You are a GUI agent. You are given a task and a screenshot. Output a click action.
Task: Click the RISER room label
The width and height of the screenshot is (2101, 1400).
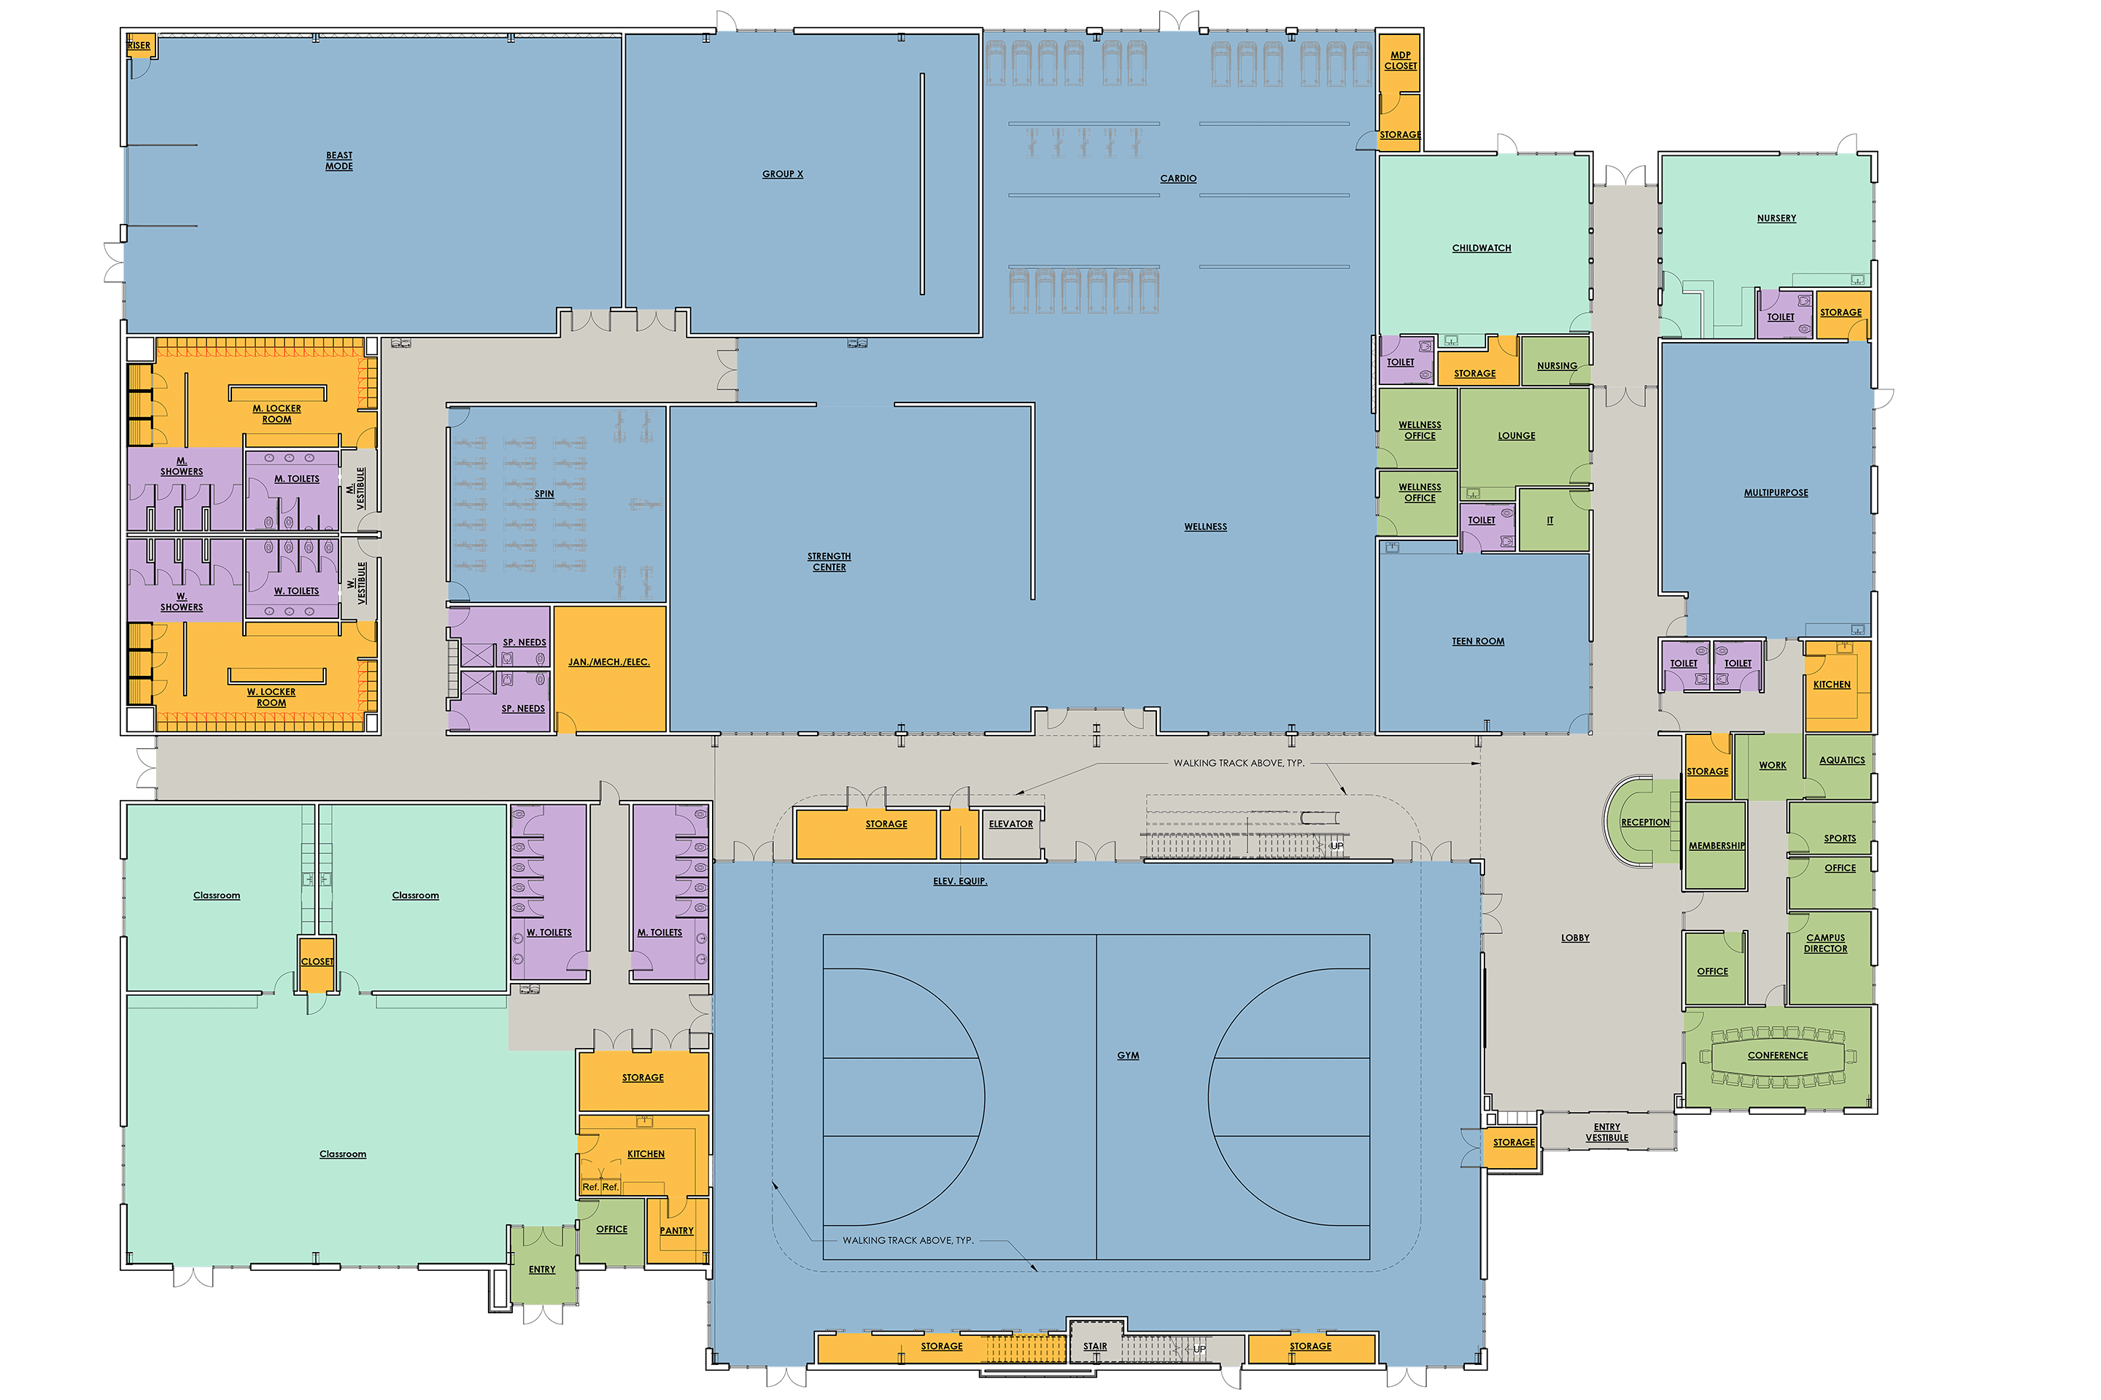(139, 45)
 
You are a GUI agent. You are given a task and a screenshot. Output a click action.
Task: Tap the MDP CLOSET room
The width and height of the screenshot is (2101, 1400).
(1400, 61)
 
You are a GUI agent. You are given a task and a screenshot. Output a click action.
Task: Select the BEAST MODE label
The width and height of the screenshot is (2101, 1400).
(338, 160)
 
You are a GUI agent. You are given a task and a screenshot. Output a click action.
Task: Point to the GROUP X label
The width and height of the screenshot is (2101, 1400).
(783, 174)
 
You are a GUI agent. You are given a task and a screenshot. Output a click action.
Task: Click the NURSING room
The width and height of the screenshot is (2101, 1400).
(1555, 362)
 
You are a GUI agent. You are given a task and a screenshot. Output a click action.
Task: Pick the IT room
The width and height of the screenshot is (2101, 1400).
(1552, 521)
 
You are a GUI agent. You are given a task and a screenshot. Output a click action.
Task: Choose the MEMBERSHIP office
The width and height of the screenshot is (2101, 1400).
(1714, 846)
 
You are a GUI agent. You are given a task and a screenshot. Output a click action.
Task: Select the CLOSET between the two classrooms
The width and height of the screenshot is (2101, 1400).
(316, 962)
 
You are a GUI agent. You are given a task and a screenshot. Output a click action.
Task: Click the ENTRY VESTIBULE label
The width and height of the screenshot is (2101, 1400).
(1607, 1132)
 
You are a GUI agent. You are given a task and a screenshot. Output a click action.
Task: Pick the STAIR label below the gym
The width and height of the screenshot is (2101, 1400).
(1095, 1347)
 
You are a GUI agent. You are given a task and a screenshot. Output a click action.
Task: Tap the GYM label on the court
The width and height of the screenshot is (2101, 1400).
(1129, 1055)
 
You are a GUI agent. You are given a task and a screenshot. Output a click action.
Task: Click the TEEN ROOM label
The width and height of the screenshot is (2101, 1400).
(1477, 641)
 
